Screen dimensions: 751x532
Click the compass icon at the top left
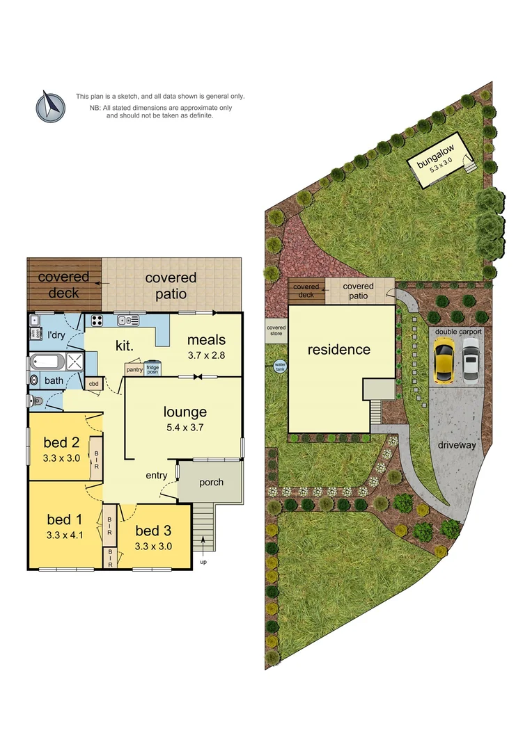pos(50,106)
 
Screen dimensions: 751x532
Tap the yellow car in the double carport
pos(444,362)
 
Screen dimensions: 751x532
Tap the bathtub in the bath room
pos(46,362)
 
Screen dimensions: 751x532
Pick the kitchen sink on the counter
pos(129,320)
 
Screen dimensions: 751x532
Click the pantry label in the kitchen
pos(134,370)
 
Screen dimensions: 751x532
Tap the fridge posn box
pos(152,369)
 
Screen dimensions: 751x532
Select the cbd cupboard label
pos(93,384)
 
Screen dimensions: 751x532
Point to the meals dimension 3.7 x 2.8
pos(206,355)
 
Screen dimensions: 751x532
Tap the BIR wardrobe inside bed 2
pos(97,458)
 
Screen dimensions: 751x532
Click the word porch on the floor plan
pos(211,482)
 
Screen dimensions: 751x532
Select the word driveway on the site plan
pos(460,445)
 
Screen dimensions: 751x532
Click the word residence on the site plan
pos(339,350)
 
